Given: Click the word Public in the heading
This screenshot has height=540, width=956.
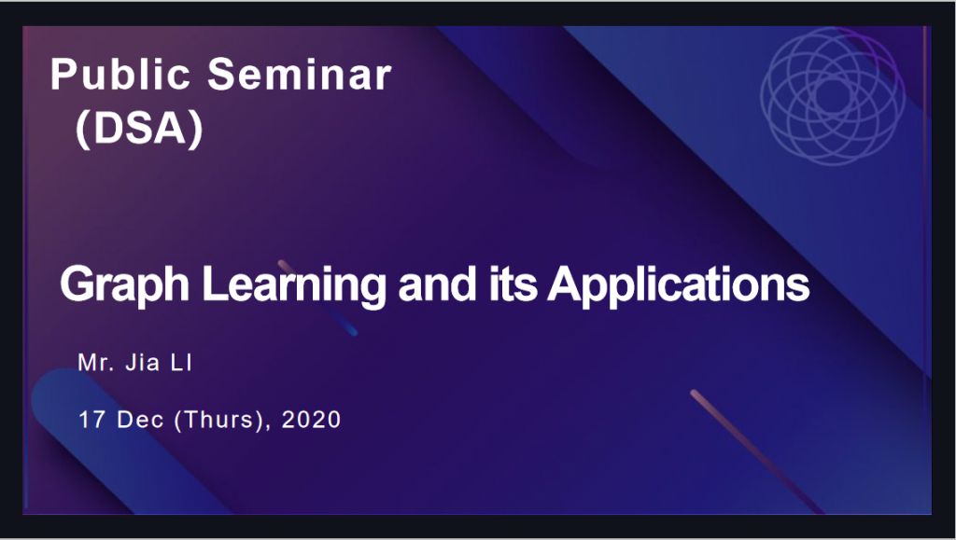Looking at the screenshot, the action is pyautogui.click(x=120, y=74).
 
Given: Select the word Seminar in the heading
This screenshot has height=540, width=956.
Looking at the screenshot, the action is pyautogui.click(x=300, y=74).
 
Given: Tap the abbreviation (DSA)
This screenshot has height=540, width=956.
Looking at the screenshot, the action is pyautogui.click(x=139, y=129).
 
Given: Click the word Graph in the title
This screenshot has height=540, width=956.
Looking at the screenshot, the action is pyautogui.click(x=125, y=284).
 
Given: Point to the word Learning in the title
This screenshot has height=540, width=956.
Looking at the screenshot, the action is pyautogui.click(x=294, y=284).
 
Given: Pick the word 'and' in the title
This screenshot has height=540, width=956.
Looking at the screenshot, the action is pyautogui.click(x=437, y=284).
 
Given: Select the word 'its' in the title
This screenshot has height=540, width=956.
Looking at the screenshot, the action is pyautogui.click(x=513, y=284).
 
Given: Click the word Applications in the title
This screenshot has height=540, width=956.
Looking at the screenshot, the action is pyautogui.click(x=678, y=284).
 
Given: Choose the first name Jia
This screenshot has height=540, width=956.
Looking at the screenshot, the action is pyautogui.click(x=143, y=363).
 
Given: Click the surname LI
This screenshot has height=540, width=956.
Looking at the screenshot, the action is pyautogui.click(x=182, y=363).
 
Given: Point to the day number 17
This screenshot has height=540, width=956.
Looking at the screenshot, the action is pyautogui.click(x=91, y=420).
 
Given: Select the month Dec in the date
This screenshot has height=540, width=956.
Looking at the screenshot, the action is pyautogui.click(x=140, y=420).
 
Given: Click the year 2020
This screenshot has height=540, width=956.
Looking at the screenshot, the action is pyautogui.click(x=311, y=420).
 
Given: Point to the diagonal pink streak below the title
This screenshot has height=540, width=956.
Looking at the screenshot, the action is pyautogui.click(x=756, y=451).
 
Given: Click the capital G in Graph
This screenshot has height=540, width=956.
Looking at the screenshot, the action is pyautogui.click(x=77, y=284).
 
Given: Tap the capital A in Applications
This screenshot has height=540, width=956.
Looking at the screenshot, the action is pyautogui.click(x=567, y=284).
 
